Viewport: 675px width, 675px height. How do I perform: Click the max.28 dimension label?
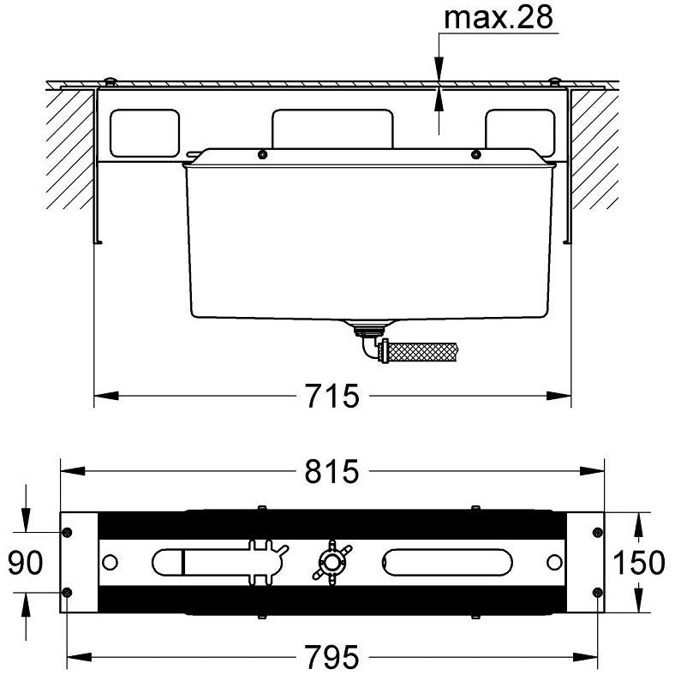click(498, 18)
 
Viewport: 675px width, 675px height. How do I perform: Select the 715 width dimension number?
click(332, 396)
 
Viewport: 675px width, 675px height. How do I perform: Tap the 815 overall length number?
click(332, 471)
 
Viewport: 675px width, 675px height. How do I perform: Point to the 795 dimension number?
click(332, 657)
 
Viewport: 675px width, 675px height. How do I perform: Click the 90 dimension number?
click(26, 562)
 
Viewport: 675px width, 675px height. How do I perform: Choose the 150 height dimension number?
click(639, 562)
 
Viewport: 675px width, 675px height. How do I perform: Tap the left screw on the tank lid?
click(261, 154)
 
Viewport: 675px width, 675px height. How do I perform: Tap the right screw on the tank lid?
click(475, 154)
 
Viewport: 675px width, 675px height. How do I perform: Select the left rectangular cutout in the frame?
click(145, 133)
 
